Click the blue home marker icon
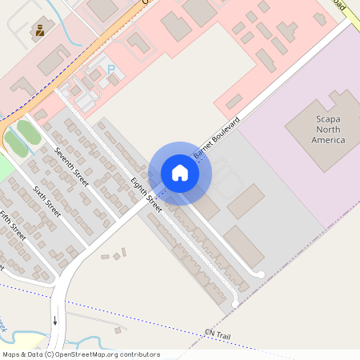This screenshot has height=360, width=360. [180, 173]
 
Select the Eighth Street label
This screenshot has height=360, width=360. [146, 194]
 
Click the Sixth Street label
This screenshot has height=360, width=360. [46, 202]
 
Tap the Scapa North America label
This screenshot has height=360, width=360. [317, 130]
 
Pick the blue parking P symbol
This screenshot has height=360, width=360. [111, 70]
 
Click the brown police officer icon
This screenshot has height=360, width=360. [38, 31]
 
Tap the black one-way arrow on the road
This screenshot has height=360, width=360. [55, 320]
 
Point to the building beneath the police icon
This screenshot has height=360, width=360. [53, 59]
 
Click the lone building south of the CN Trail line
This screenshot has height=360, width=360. [118, 330]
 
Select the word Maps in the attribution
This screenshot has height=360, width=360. [11, 354]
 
